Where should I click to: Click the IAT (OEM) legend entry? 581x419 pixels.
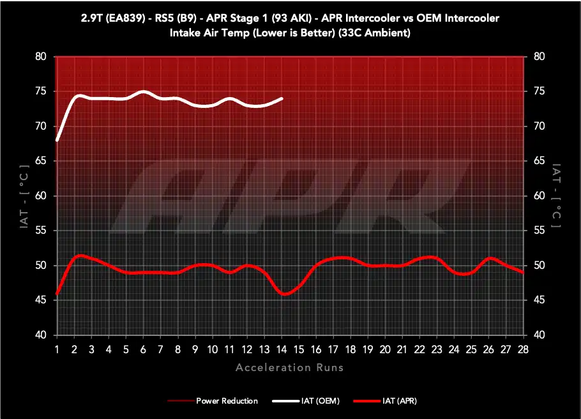point(306,401)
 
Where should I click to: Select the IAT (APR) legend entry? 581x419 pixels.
point(385,401)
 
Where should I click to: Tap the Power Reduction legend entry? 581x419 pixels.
point(213,401)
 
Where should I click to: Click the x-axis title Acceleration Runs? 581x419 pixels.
point(290,367)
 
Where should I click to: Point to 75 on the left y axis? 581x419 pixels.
point(41,91)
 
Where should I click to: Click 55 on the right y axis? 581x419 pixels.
point(539,231)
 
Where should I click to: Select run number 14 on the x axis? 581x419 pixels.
point(282,349)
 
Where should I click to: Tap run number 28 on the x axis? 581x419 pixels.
point(523,349)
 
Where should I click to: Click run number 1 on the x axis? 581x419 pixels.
point(57,349)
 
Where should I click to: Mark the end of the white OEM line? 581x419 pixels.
point(282,98)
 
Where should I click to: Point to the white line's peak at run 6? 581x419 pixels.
point(144,91)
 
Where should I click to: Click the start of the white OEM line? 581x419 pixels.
point(57,140)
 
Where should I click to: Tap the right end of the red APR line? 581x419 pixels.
point(522,273)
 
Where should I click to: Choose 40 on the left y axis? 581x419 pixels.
point(41,335)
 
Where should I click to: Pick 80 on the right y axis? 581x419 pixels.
point(539,56)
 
